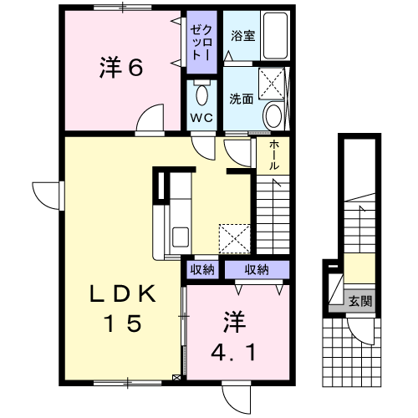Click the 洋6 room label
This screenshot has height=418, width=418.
121,67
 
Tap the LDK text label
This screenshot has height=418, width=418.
123,294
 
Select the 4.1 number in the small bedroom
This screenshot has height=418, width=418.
233,352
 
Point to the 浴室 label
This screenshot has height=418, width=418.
242,36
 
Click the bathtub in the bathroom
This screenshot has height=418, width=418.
275,36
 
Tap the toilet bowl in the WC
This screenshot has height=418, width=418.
202,95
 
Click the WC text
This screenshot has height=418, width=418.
201,118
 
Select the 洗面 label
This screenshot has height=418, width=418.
242,99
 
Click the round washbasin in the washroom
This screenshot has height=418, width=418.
273,115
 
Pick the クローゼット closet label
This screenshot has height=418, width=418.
202,43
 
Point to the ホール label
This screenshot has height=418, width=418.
274,155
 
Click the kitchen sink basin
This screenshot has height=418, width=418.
181,237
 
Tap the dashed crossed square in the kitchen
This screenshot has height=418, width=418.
235,239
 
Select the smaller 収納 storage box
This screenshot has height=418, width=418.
202,269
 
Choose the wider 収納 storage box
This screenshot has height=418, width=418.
257,269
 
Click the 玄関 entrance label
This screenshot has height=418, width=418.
360,301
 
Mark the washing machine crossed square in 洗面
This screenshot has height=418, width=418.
272,83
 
